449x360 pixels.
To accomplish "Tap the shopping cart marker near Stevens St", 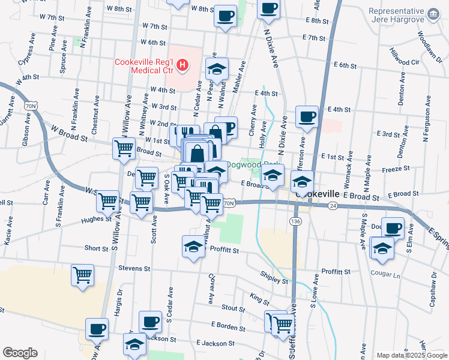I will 83,275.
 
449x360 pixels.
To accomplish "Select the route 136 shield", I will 295,221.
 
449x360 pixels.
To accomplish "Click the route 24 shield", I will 332,205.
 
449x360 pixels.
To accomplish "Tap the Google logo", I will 20,353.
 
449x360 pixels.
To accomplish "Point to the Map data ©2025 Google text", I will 411,355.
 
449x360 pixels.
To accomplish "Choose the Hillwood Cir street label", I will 404,58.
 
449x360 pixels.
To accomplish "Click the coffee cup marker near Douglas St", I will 393,229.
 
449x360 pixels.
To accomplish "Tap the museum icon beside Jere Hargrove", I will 432,13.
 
